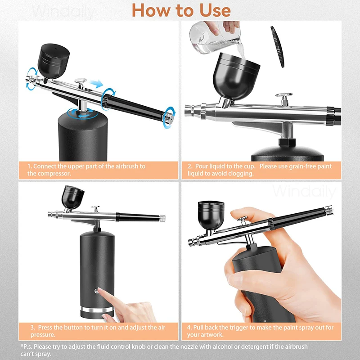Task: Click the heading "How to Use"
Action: tap(181, 10)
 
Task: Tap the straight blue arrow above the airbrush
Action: tap(94, 84)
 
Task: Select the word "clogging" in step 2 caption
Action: tap(241, 173)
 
